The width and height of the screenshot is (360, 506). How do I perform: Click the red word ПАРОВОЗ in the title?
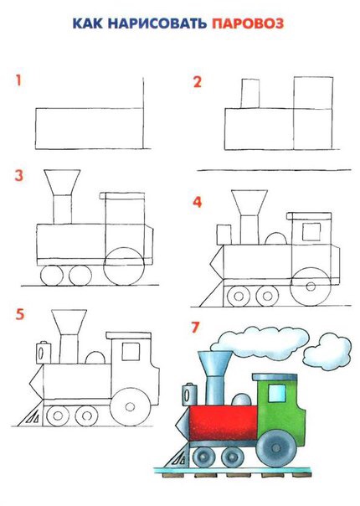pos(248,23)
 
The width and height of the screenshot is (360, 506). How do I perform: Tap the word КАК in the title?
pos(87,23)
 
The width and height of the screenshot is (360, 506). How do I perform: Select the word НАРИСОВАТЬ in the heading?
pos(157,23)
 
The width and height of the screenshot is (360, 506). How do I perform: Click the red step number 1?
pos(18,80)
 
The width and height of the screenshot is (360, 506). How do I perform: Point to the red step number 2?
pos(197,82)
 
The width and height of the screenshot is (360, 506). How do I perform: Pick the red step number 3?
pos(19,176)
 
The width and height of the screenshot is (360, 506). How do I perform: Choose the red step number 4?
pos(197,202)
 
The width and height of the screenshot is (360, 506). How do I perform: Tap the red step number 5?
pos(20,314)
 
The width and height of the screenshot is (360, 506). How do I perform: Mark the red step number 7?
pos(195,327)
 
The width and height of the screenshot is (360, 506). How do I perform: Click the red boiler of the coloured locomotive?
pos(224,423)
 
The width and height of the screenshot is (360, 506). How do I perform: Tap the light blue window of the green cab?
pos(277,393)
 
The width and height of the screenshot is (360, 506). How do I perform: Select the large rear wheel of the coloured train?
pos(276,447)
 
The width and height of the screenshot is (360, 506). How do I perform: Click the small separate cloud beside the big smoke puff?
pos(327,353)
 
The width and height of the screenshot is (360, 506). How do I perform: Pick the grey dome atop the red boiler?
pos(241,400)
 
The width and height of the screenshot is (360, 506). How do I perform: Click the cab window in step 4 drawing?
pos(311,232)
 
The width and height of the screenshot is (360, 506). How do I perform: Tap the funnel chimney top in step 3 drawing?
pos(62,182)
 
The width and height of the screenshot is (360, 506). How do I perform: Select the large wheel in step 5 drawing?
pos(131,406)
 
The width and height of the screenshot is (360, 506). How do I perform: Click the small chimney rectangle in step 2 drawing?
pos(250,93)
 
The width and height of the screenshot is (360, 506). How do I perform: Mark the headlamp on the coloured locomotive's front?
pos(189,395)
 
